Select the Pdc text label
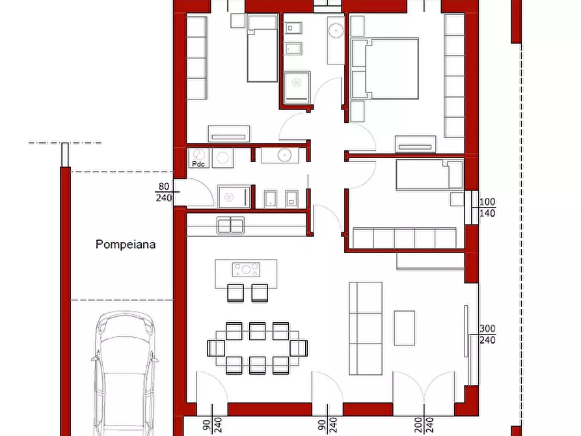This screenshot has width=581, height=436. pyautogui.click(x=198, y=164)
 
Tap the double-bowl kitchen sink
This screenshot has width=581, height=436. pyautogui.click(x=230, y=225)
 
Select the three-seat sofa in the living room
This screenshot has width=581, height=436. pyautogui.click(x=364, y=328)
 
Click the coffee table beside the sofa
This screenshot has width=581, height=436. pyautogui.click(x=404, y=328)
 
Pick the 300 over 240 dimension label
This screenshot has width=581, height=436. pyautogui.click(x=488, y=334)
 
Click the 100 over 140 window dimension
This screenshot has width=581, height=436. pyautogui.click(x=488, y=208)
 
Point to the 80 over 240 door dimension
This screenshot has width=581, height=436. pyautogui.click(x=163, y=192)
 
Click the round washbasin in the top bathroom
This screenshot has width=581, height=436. pyautogui.click(x=336, y=30)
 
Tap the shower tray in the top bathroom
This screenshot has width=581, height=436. pyautogui.click(x=297, y=85)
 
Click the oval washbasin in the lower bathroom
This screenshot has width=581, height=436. pyautogui.click(x=283, y=155)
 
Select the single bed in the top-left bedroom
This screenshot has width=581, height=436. pyautogui.click(x=262, y=49)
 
